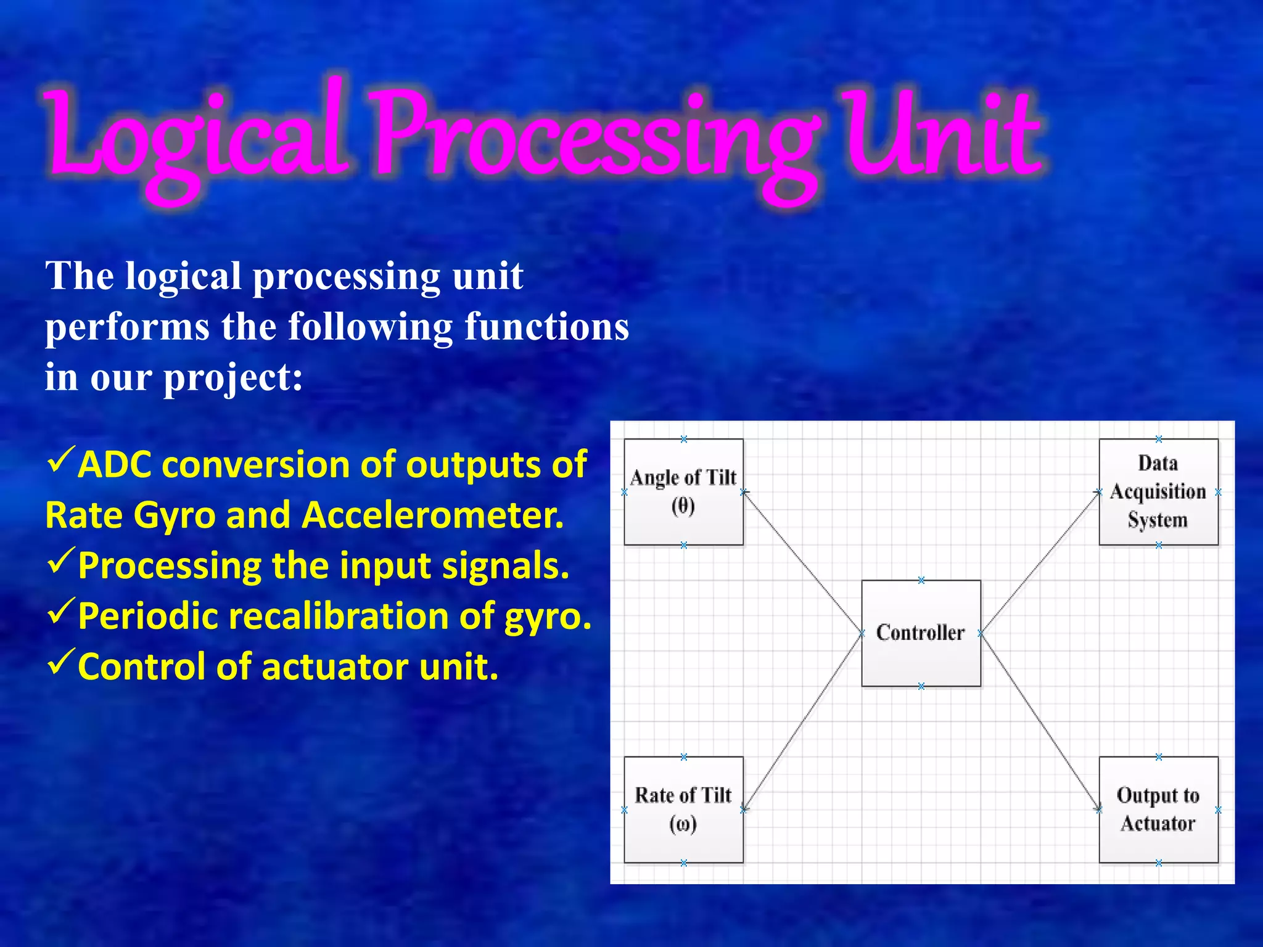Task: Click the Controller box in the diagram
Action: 921,633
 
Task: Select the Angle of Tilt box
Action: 683,491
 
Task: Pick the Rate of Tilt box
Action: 683,809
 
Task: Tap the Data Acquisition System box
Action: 1158,491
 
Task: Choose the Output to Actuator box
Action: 1158,809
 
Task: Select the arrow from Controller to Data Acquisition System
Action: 1040,562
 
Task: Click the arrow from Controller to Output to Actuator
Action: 1040,721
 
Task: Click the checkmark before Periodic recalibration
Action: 61,611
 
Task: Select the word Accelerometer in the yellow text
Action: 432,515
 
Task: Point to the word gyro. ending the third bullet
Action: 548,617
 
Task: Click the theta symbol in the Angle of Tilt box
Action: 683,506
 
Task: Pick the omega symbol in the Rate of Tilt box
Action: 683,824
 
